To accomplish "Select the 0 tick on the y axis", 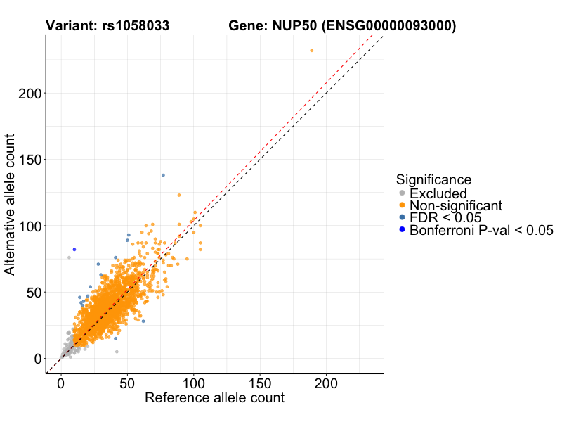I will (x=37, y=359).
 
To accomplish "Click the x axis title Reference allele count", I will (x=214, y=398).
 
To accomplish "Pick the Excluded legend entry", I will (x=438, y=193).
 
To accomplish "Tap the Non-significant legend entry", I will (x=456, y=205).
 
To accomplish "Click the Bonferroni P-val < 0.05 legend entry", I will (x=481, y=230).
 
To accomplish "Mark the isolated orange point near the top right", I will (x=312, y=51).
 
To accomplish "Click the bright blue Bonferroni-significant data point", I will (x=74, y=250).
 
